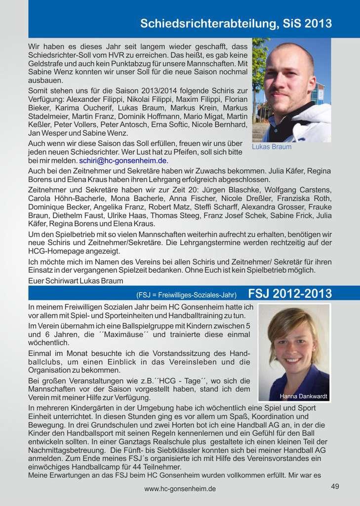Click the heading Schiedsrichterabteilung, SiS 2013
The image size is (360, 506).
click(x=236, y=23)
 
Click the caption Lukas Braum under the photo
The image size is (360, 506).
click(x=272, y=147)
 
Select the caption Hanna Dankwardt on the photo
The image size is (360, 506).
click(x=300, y=396)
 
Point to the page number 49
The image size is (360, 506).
click(x=335, y=486)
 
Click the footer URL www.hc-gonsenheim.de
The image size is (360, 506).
click(x=180, y=489)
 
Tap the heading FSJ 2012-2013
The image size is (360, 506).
click(x=290, y=294)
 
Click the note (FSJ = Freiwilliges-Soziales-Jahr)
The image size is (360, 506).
click(x=186, y=295)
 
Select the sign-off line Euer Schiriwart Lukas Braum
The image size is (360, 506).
click(x=76, y=281)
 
